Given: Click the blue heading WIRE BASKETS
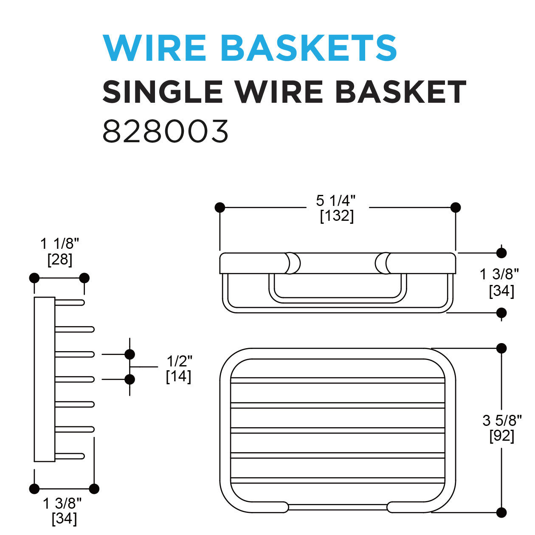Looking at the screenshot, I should [x=250, y=48].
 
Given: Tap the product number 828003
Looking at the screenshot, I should [x=166, y=131].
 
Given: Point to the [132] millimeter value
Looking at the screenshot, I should [x=337, y=216].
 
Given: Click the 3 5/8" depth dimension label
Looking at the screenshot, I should [x=502, y=420].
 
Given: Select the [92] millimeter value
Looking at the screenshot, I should [x=502, y=436].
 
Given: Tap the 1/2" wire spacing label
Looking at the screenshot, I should [x=179, y=361].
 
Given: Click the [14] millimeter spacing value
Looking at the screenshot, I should [x=178, y=376].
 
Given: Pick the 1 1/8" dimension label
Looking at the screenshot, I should [x=59, y=244].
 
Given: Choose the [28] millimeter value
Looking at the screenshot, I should [x=60, y=259].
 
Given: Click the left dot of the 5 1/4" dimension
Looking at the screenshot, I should [x=220, y=208].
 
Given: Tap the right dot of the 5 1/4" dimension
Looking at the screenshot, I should [x=456, y=208].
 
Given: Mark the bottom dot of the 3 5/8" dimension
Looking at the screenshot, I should [x=501, y=512].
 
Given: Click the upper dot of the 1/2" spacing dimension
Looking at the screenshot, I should [x=130, y=354].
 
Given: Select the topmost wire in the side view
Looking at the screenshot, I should [x=70, y=302].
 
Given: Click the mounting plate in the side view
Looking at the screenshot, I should [x=44, y=379].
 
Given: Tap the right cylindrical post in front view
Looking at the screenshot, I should [x=383, y=263].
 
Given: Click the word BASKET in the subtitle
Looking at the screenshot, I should [x=401, y=92].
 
